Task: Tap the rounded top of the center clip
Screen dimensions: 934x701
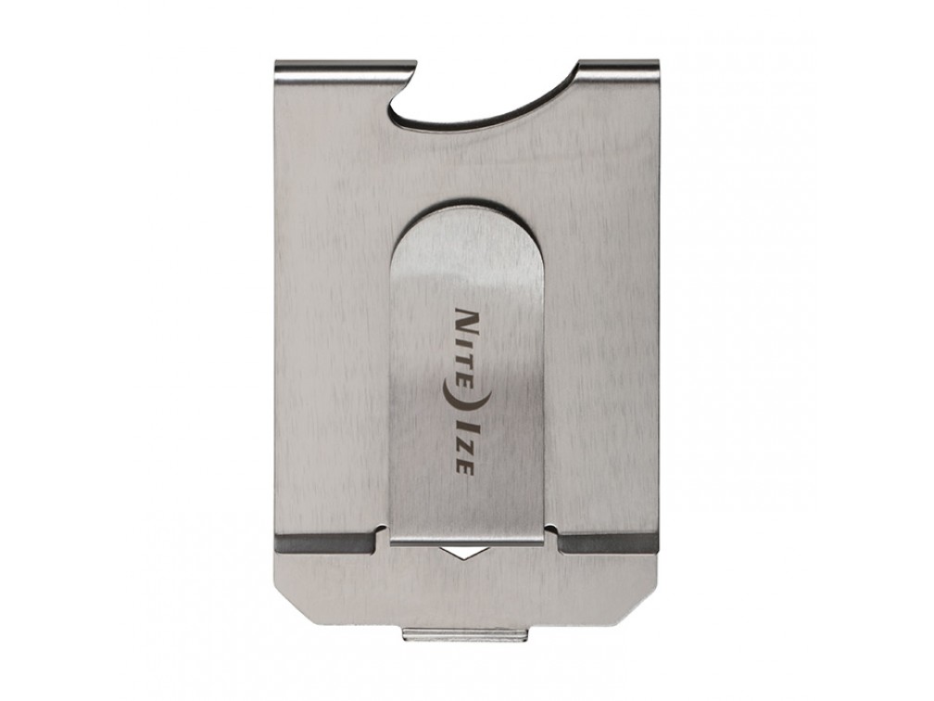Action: [x=464, y=223]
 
